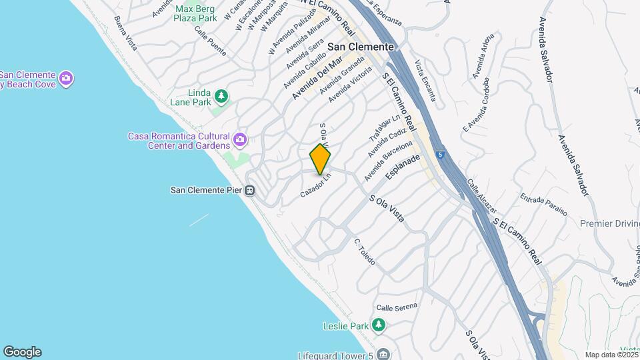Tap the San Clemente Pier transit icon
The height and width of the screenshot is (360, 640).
tap(250, 191)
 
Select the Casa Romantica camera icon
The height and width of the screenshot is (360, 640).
tap(240, 141)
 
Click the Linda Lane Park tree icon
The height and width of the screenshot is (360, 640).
tap(221, 97)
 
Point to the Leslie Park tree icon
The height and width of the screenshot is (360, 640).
tap(379, 325)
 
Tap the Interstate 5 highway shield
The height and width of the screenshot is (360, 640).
tap(440, 155)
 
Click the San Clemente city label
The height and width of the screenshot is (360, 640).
tap(362, 47)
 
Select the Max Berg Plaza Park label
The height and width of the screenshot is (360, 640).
tap(195, 14)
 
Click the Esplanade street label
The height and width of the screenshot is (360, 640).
tap(403, 167)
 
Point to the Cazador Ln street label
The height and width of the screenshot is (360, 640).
tap(315, 185)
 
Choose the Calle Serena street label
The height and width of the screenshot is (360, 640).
tap(396, 307)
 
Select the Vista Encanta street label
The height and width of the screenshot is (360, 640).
tap(425, 81)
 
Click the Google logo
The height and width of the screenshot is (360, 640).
tap(22, 352)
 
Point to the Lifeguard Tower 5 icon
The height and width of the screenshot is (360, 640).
tap(383, 353)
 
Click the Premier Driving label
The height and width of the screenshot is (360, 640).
tap(609, 223)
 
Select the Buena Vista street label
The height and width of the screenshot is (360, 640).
tap(125, 33)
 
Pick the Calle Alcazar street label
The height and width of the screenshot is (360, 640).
tap(480, 191)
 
